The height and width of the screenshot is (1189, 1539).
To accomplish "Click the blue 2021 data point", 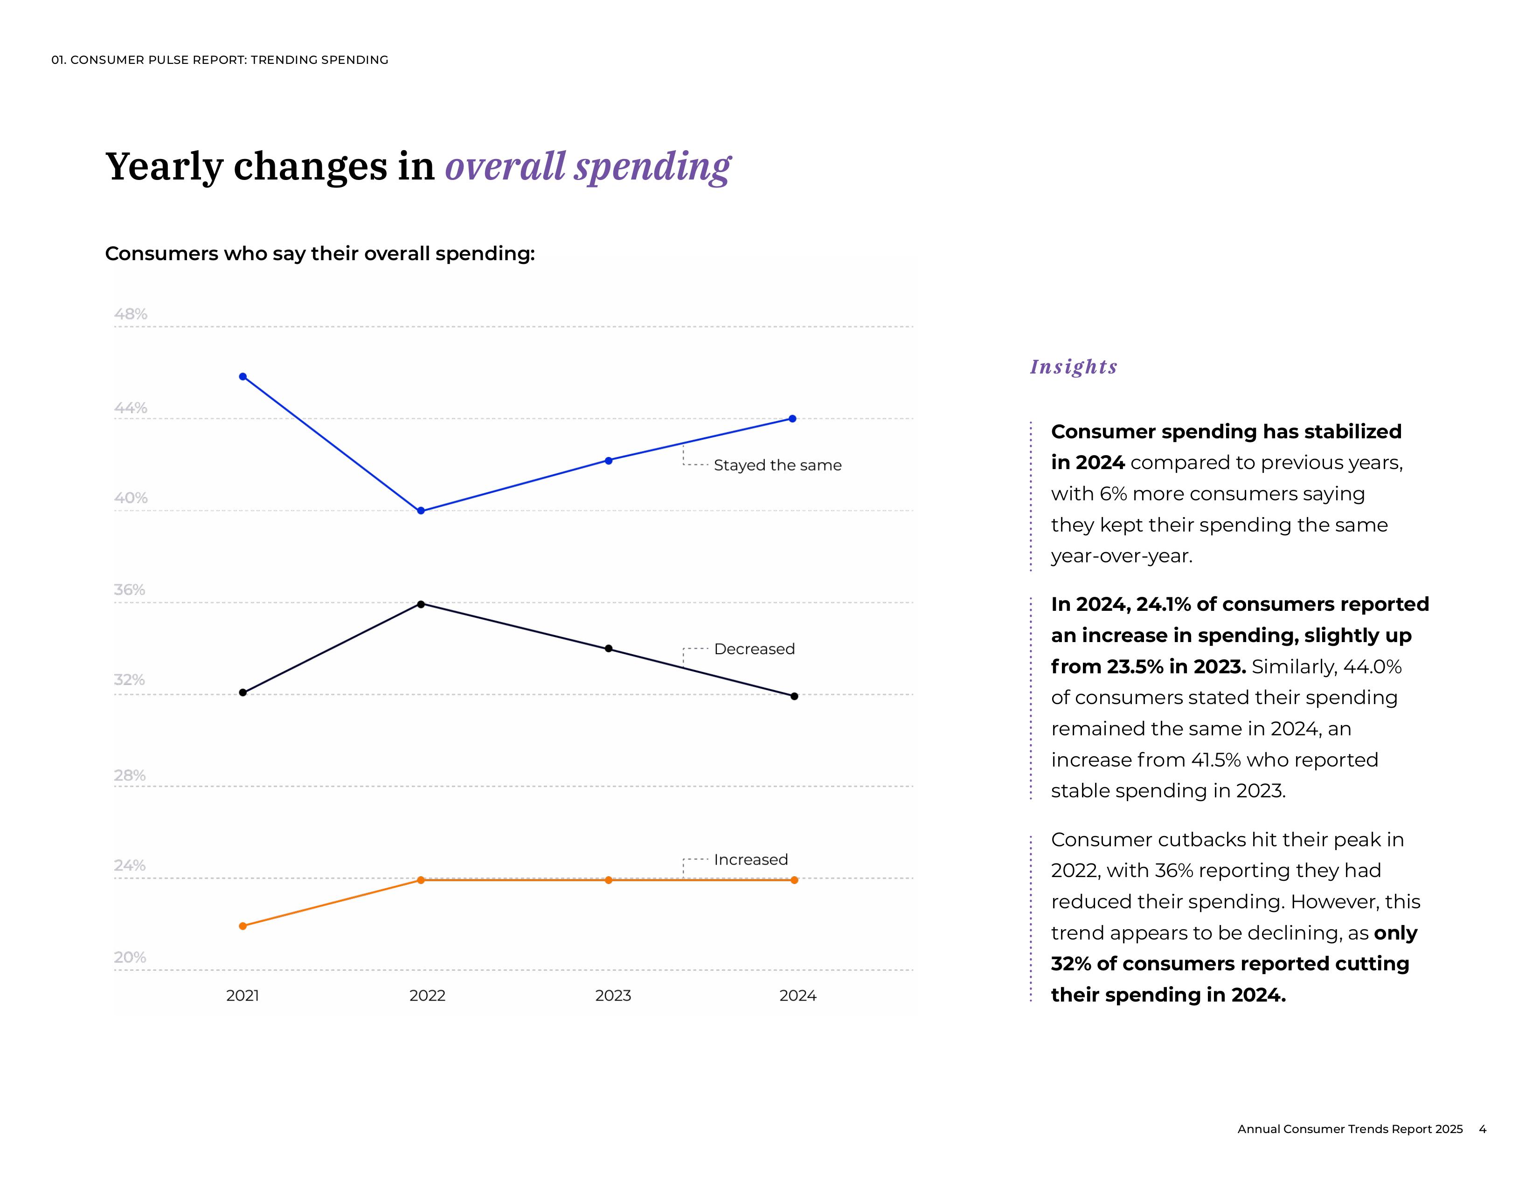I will point(243,377).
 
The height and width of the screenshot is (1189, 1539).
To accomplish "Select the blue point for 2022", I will point(421,511).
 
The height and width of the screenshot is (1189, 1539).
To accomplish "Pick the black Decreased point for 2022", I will point(421,604).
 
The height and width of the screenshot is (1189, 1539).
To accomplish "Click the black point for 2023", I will point(609,649).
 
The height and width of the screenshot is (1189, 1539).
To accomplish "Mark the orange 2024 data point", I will point(794,880).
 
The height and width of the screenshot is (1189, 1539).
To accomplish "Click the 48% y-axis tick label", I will point(131,314).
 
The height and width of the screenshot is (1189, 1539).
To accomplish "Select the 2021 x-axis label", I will point(243,996).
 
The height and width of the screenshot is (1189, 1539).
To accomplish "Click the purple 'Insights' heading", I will point(1073,367).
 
